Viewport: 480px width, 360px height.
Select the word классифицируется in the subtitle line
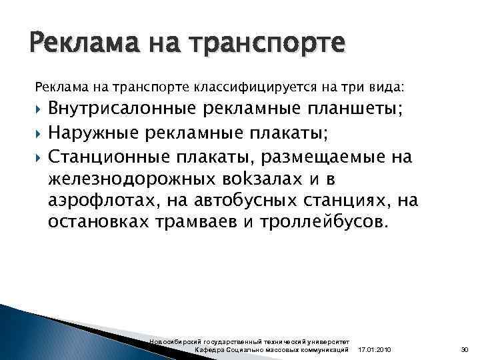(246, 87)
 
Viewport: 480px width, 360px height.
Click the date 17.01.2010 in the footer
(375, 350)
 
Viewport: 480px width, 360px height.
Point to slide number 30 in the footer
(465, 350)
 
